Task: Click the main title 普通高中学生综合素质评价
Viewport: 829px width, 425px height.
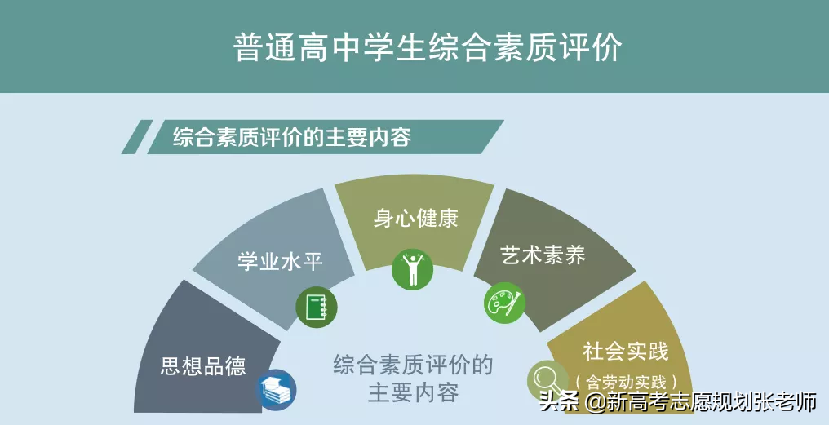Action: click(x=428, y=46)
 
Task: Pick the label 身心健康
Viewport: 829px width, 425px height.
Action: click(x=416, y=219)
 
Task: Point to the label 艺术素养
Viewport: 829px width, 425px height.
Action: click(x=543, y=255)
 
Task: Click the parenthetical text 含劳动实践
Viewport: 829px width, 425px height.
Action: click(x=626, y=382)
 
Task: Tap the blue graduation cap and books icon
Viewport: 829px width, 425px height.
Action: click(x=276, y=389)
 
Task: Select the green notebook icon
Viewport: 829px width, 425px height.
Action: click(x=316, y=308)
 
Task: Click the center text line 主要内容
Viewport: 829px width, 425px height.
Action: click(x=413, y=392)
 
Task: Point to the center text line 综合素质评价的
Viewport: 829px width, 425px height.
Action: click(x=413, y=364)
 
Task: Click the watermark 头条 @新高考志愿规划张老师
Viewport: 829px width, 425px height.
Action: click(x=678, y=402)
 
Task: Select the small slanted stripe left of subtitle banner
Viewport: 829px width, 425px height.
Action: click(x=136, y=137)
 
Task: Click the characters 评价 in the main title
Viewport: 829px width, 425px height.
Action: click(x=592, y=46)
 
